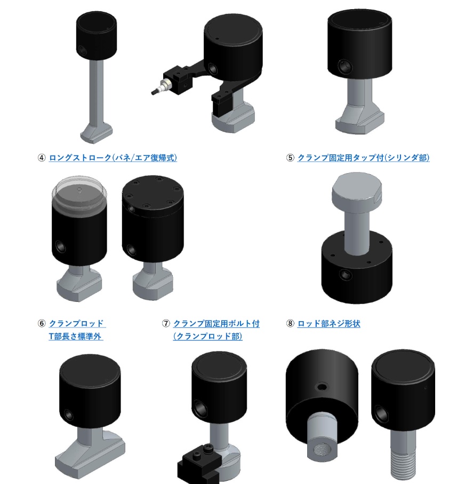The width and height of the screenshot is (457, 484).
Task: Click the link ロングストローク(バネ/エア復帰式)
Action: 113,158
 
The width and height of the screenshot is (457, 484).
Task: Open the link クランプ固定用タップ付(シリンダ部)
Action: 363,158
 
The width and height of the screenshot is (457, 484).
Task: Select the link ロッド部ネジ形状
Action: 329,324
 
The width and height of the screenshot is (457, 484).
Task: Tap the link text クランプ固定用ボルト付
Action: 217,324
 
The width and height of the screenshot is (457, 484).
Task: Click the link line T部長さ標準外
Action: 76,336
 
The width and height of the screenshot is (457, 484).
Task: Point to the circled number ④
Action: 42,158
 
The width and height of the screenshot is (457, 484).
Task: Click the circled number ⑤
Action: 290,158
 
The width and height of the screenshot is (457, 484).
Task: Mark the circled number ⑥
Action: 42,324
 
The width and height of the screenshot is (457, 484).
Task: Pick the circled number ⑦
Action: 166,324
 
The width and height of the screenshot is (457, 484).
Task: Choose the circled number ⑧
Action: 290,324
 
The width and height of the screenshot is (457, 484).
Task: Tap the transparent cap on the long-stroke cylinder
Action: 79,193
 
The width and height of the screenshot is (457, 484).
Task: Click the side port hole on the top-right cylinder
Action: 345,66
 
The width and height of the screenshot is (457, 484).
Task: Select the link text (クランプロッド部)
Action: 207,336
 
